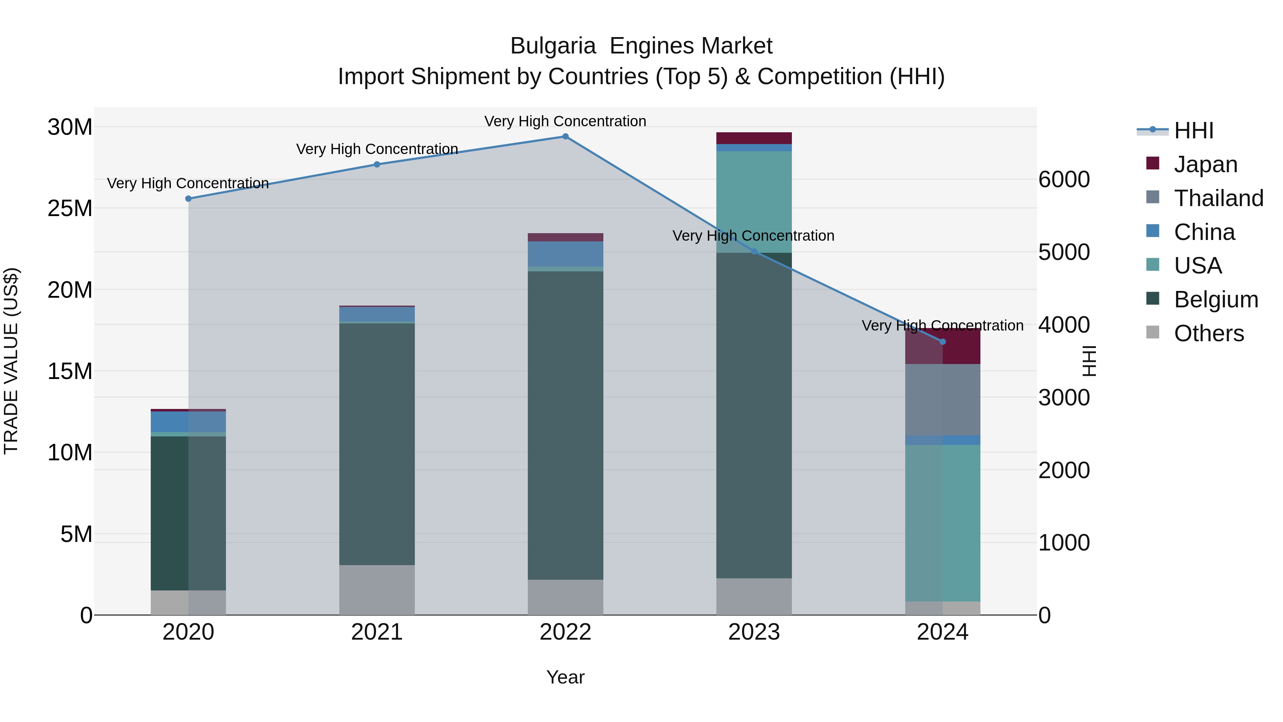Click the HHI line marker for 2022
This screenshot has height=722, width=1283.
(x=565, y=137)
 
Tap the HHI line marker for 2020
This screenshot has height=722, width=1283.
(x=188, y=199)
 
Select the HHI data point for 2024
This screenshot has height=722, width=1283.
(x=942, y=342)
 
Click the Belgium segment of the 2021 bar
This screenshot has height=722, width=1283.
(x=377, y=444)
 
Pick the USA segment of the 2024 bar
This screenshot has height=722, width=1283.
(x=942, y=523)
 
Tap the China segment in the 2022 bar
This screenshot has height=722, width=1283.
(x=565, y=254)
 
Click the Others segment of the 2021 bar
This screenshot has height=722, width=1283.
(x=377, y=590)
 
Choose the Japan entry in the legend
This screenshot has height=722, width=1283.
(x=1205, y=164)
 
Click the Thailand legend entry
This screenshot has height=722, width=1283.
(x=1218, y=198)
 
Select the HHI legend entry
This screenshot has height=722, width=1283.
(x=1193, y=130)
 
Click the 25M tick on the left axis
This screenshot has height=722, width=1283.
(x=70, y=208)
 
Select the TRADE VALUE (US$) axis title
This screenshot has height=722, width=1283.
(x=11, y=361)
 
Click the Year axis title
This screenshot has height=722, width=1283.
(x=565, y=677)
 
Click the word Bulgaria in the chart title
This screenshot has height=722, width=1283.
(x=553, y=46)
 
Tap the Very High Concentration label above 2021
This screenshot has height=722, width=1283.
(x=377, y=149)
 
